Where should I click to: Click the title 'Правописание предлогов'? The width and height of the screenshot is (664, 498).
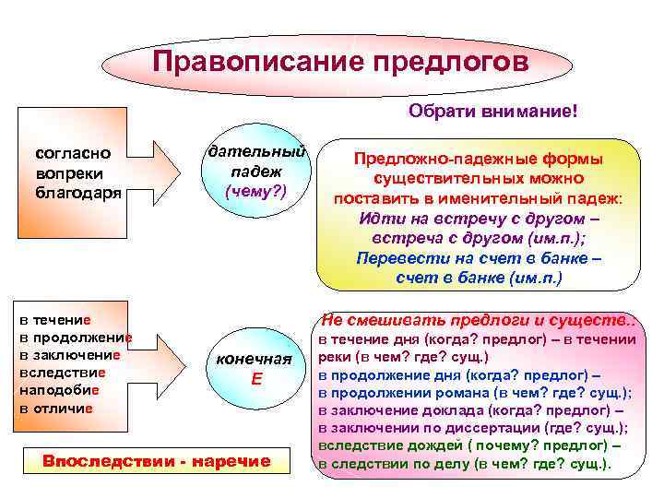340,64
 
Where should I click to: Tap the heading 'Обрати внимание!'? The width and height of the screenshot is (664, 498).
493,111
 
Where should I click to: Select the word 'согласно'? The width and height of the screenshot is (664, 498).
72,153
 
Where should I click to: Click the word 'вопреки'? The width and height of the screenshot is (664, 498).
68,172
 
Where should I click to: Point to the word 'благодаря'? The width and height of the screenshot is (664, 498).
77,192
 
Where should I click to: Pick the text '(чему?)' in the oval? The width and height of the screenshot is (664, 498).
256,192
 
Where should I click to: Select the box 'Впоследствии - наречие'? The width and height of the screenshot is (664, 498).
157,460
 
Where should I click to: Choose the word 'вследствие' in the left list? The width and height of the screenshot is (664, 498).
65,373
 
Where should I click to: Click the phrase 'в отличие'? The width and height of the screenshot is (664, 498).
56,408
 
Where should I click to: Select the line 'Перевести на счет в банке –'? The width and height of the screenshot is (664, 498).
479,258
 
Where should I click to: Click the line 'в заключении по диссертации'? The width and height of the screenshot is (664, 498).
473,429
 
